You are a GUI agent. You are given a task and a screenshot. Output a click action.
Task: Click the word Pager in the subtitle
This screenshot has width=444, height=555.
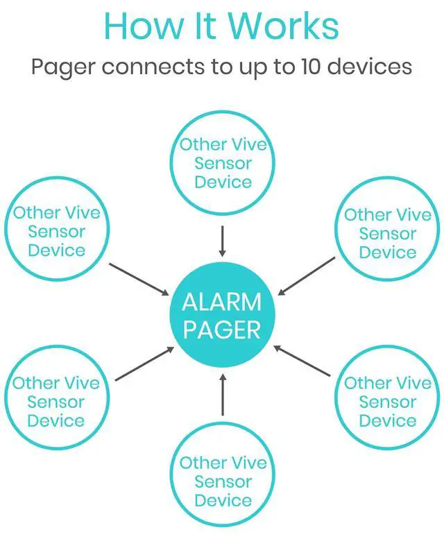coord(62,67)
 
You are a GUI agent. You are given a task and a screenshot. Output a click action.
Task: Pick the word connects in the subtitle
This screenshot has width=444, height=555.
coord(152,67)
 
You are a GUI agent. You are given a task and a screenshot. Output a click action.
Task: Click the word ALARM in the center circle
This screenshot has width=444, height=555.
coord(222,302)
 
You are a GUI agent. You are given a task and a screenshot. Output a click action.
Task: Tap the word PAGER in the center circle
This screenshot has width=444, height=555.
coord(222,330)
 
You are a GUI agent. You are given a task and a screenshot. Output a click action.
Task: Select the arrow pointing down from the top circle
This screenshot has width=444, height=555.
coord(222,240)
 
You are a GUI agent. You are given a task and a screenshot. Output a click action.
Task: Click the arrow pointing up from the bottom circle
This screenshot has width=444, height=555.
coord(222,395)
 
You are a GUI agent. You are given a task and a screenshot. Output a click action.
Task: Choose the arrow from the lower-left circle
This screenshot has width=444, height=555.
coord(144,364)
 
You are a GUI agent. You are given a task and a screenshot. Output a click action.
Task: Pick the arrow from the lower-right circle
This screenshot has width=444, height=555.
coord(302,361)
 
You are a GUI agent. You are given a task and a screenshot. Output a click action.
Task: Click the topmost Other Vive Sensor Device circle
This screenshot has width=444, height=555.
coord(222,163)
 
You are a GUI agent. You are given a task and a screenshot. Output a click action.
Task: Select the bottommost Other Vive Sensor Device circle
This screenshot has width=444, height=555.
coord(222,481)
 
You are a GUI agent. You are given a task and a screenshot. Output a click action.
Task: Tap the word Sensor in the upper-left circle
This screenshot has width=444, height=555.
coord(57,231)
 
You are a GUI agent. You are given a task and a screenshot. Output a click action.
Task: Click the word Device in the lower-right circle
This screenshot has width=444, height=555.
coord(387,420)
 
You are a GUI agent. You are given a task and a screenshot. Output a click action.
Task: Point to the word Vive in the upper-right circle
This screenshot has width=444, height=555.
coord(412,214)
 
